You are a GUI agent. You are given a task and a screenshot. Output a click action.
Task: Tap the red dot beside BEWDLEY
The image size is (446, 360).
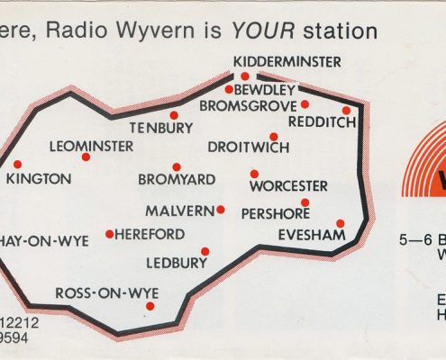point(229,89)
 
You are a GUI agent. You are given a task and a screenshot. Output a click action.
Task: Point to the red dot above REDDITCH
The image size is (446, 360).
point(346,111)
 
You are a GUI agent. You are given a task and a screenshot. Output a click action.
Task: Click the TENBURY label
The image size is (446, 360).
point(160,127)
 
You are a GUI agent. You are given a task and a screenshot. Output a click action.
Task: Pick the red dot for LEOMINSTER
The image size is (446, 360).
point(86,157)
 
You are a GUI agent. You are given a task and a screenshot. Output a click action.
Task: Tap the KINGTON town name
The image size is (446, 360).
point(39,179)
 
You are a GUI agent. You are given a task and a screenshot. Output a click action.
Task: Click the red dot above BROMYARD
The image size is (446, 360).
point(177,166)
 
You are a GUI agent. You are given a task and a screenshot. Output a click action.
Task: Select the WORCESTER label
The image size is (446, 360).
point(288,186)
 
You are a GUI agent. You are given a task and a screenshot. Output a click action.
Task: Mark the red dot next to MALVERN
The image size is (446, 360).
point(220,210)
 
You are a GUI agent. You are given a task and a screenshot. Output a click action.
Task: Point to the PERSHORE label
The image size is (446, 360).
point(276,214)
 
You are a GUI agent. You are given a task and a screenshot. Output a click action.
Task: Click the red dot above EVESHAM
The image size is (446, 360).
point(340,223)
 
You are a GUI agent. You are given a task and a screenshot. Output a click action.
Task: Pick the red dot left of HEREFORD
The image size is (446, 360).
point(109,235)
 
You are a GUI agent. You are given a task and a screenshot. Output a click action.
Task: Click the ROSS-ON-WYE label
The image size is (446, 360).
point(97,293)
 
